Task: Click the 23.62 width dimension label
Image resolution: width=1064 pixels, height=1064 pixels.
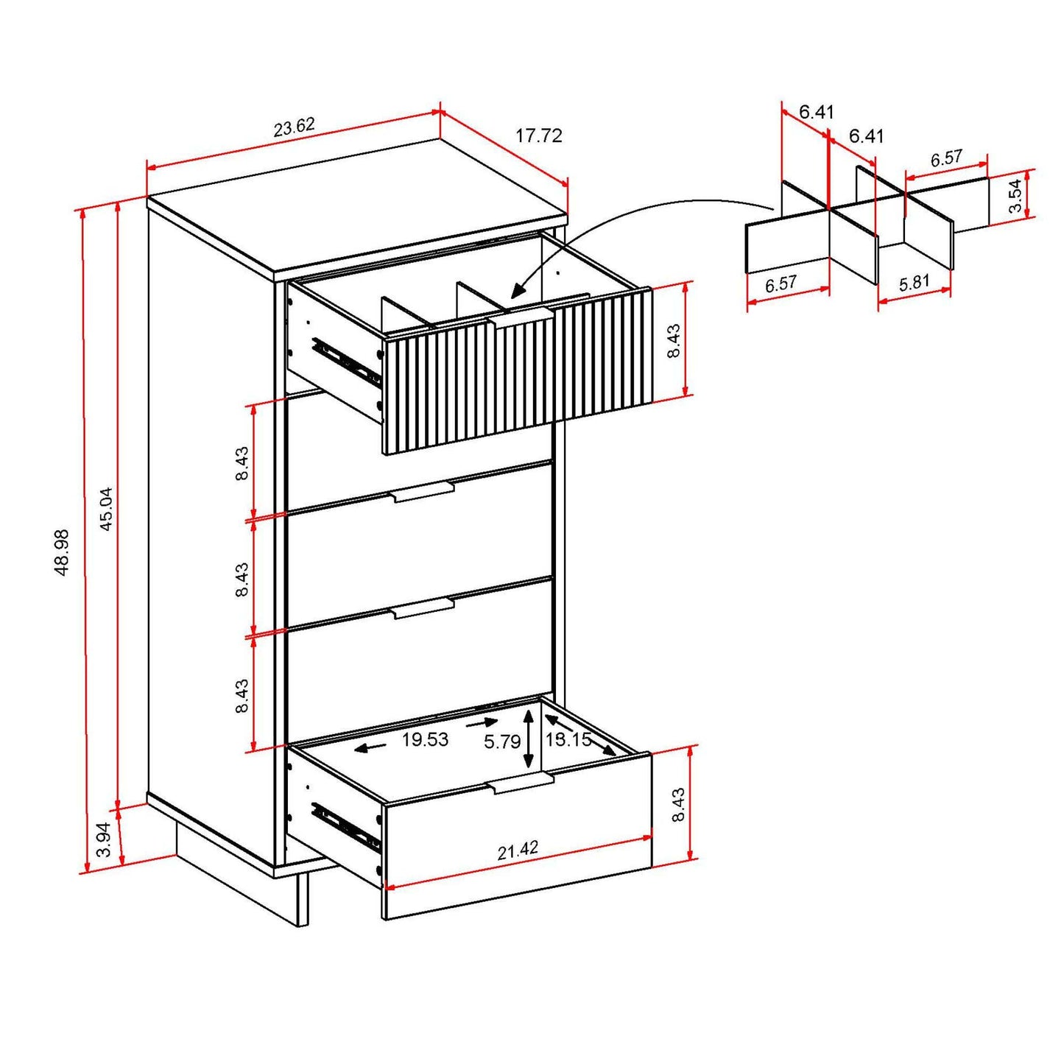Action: click(294, 127)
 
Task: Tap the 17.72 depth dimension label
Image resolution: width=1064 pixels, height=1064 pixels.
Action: click(538, 135)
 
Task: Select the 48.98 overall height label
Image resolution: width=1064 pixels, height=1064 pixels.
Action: click(62, 552)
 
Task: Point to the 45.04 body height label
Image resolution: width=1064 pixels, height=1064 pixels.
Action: click(106, 509)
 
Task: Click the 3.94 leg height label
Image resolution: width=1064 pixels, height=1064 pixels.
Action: click(105, 839)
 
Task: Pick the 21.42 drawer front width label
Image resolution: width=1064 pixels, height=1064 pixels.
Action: click(518, 851)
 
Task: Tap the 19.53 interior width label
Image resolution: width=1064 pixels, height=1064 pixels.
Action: click(425, 739)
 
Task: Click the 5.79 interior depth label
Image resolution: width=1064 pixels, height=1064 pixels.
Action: click(501, 741)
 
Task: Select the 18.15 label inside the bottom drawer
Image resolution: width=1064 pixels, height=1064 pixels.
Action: click(568, 739)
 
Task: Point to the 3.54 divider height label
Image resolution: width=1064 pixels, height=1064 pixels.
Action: click(1015, 196)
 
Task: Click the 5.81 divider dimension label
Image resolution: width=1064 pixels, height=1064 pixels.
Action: click(914, 283)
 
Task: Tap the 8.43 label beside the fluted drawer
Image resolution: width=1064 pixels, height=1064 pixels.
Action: click(674, 341)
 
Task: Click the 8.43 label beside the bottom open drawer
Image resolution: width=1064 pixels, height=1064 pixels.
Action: click(678, 804)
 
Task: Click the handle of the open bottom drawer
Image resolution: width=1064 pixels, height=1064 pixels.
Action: click(520, 783)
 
